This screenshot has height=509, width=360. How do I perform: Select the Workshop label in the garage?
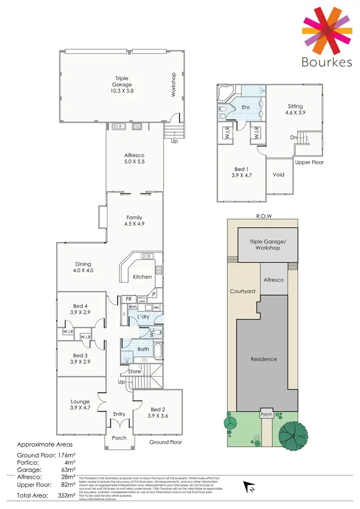tap(174, 85)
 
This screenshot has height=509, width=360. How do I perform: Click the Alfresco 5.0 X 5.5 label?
tap(134, 159)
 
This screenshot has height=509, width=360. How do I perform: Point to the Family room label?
tap(134, 221)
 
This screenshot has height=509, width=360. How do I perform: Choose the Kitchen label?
tap(143, 277)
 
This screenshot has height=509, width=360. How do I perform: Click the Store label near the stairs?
tap(134, 371)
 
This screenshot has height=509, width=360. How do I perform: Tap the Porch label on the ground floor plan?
tap(119, 438)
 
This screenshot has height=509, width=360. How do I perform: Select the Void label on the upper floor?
tap(278, 175)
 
